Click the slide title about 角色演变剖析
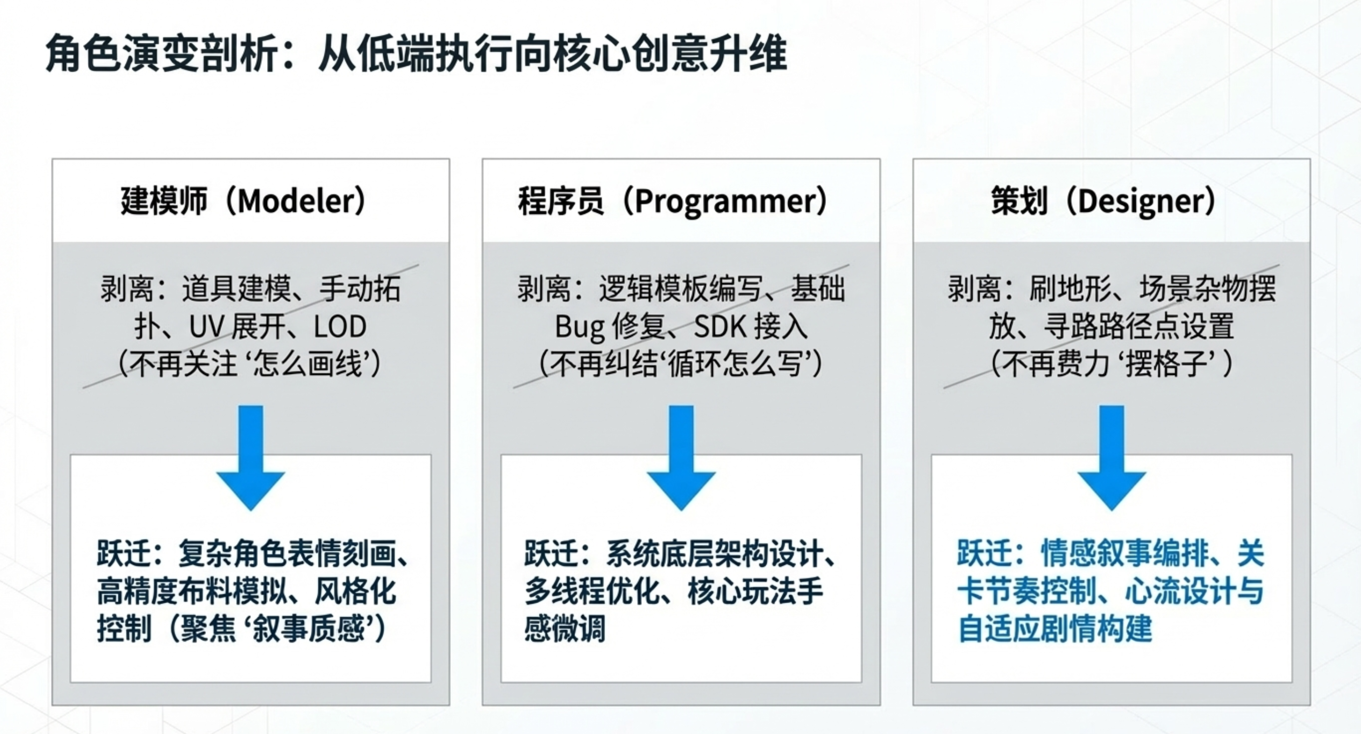(x=416, y=54)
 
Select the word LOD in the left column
(x=340, y=327)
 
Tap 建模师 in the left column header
(x=164, y=201)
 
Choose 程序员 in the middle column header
(x=561, y=201)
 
